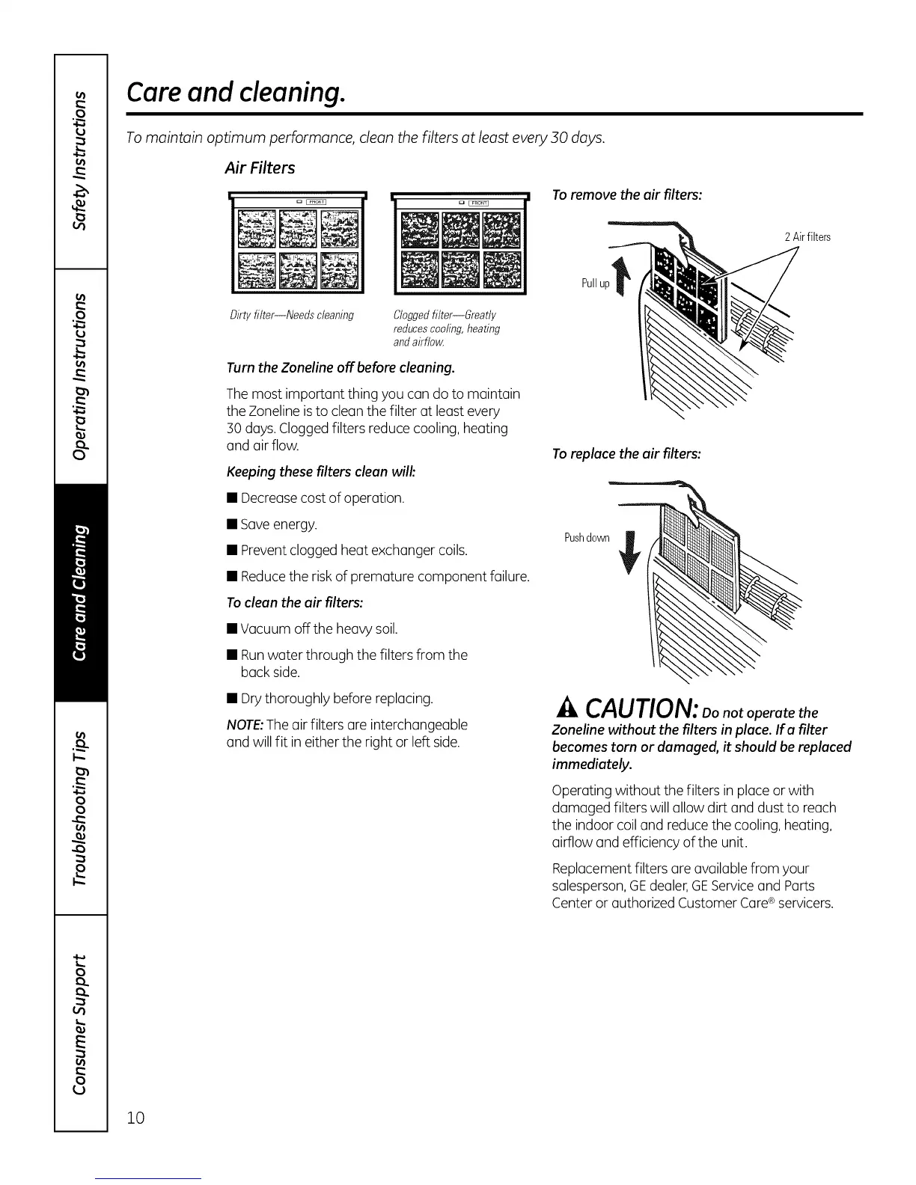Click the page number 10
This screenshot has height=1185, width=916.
pyautogui.click(x=135, y=1118)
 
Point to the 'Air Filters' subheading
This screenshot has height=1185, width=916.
pyautogui.click(x=260, y=168)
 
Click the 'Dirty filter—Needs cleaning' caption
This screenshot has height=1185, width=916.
pyautogui.click(x=291, y=315)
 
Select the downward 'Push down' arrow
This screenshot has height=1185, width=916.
pyautogui.click(x=629, y=551)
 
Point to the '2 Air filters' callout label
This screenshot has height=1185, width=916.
pyautogui.click(x=807, y=237)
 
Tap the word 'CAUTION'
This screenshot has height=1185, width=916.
pyautogui.click(x=642, y=708)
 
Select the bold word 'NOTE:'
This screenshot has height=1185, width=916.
pyautogui.click(x=244, y=725)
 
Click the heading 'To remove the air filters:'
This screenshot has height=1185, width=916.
pyautogui.click(x=626, y=195)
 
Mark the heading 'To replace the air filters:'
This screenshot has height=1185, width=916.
pyautogui.click(x=626, y=454)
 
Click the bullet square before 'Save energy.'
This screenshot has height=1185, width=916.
pyautogui.click(x=232, y=524)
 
